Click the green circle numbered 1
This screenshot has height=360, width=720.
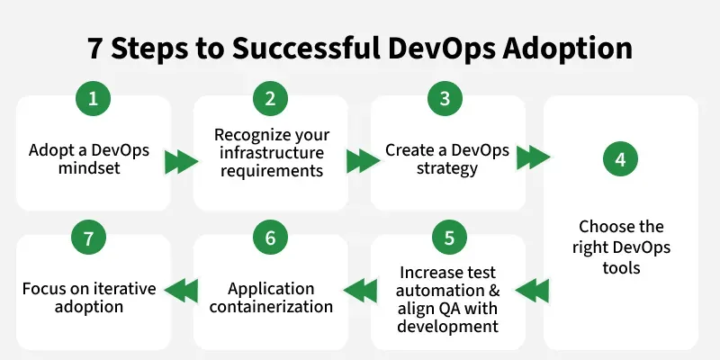(92, 100)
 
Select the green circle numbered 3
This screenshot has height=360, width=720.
(445, 100)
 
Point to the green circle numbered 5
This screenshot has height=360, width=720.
(445, 238)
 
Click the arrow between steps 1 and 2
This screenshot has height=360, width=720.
(182, 162)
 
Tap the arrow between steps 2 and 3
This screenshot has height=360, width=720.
(363, 162)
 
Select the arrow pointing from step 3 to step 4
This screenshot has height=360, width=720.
(533, 157)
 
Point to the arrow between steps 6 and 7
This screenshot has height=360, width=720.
(182, 289)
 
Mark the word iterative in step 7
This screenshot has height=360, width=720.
(121, 289)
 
